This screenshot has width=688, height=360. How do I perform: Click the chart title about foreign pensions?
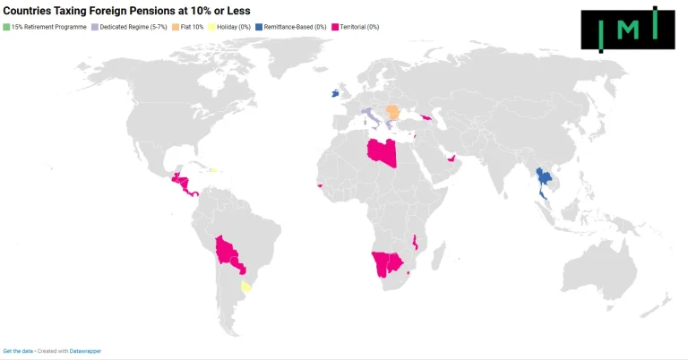click(x=126, y=11)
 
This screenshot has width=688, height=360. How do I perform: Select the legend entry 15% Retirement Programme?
click(x=48, y=28)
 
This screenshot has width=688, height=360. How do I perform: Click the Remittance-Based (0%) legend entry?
click(x=299, y=28)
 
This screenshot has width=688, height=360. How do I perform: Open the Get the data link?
click(x=18, y=351)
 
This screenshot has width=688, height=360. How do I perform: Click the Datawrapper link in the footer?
click(x=85, y=351)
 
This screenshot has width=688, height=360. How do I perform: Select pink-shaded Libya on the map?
click(x=381, y=152)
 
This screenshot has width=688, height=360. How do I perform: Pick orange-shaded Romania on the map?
click(x=392, y=112)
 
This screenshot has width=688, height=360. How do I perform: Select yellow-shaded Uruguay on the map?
click(x=246, y=287)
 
